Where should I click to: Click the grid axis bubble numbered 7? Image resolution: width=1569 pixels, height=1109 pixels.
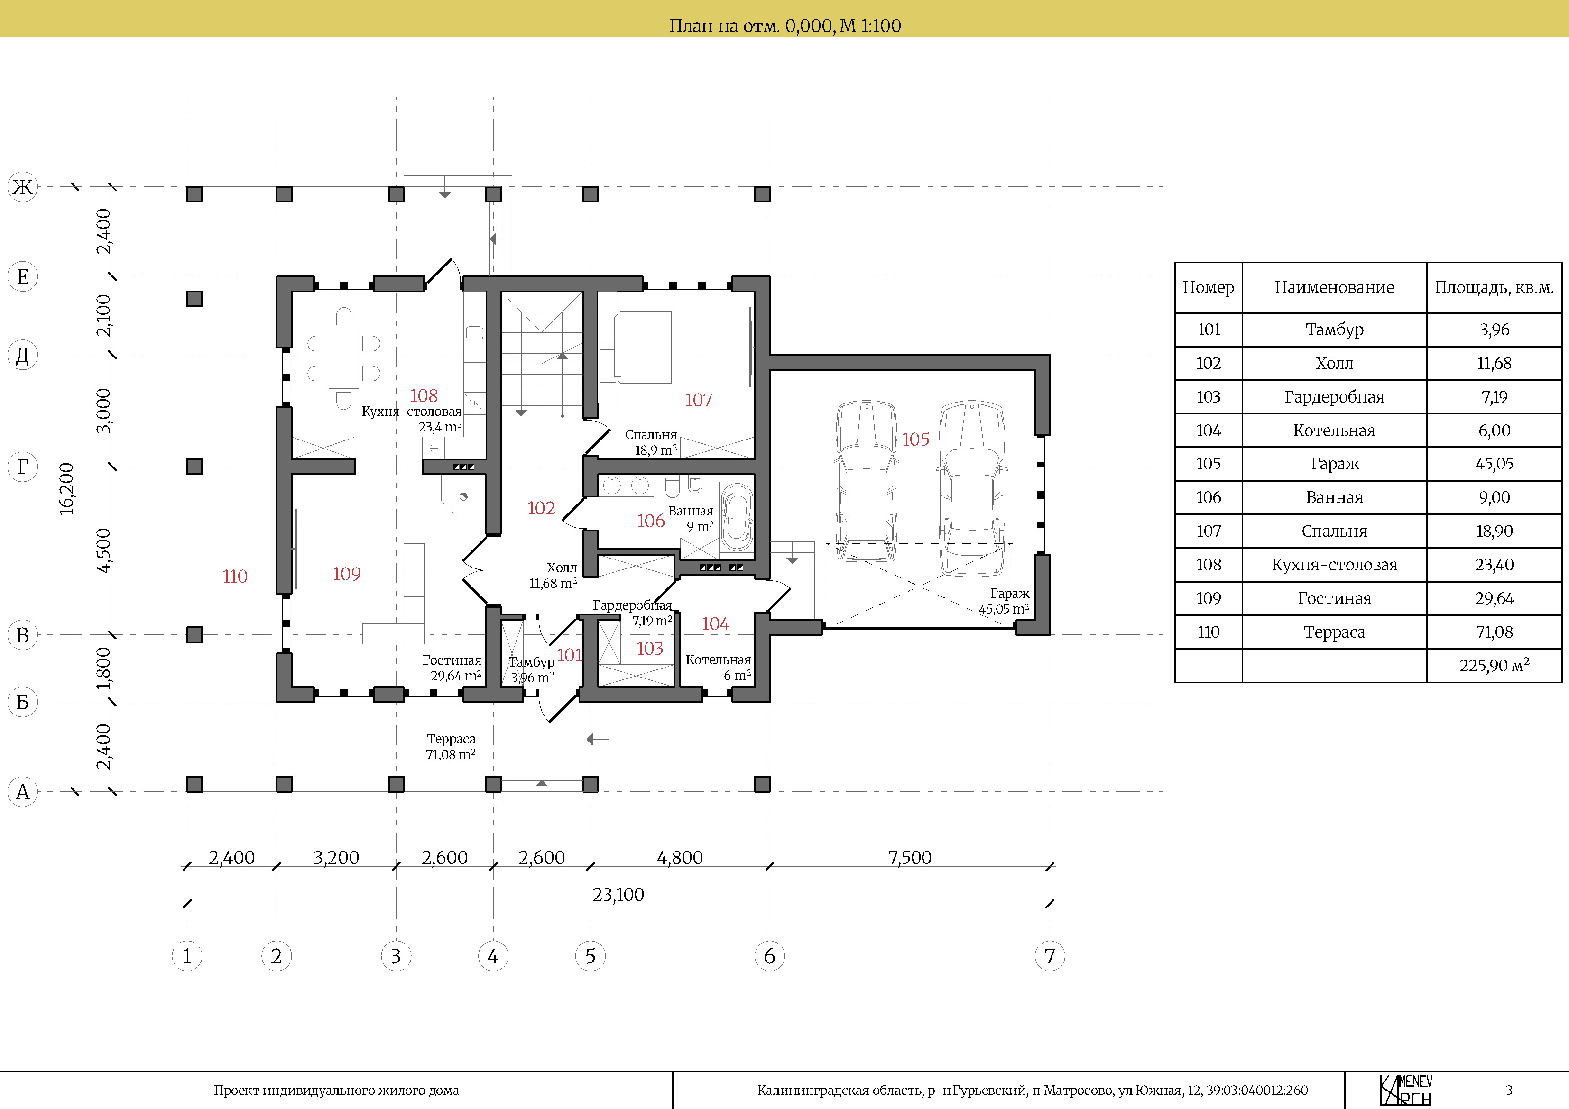tap(1050, 956)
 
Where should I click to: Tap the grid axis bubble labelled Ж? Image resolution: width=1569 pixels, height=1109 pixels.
tap(23, 186)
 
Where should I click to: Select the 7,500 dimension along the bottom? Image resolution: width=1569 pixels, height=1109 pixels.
tap(910, 858)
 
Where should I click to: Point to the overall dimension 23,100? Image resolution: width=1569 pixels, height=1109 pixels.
tap(618, 894)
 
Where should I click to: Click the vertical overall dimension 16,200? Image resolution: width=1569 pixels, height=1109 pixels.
tap(66, 488)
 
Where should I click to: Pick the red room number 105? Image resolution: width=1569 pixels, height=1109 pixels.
tap(916, 440)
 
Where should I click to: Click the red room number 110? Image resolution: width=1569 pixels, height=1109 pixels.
tap(235, 576)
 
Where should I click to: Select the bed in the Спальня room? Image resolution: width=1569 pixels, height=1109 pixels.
tap(636, 347)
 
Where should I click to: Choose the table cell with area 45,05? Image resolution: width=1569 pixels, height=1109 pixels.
tap(1494, 464)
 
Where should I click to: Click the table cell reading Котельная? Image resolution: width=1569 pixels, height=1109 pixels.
tap(1334, 431)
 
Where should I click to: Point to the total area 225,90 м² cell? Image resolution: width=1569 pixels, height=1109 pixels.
tap(1494, 666)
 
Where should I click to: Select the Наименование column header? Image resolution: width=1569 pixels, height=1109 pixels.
tap(1334, 288)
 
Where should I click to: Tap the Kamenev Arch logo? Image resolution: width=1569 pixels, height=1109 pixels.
tap(1406, 1090)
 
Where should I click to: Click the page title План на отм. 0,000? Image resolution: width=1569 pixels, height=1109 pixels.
tap(784, 26)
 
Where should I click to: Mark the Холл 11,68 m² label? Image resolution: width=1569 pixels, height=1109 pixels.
tap(553, 575)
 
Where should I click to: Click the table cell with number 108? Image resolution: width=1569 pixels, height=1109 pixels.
tap(1208, 565)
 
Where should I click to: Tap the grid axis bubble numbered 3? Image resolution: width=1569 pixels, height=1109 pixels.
tap(396, 956)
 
